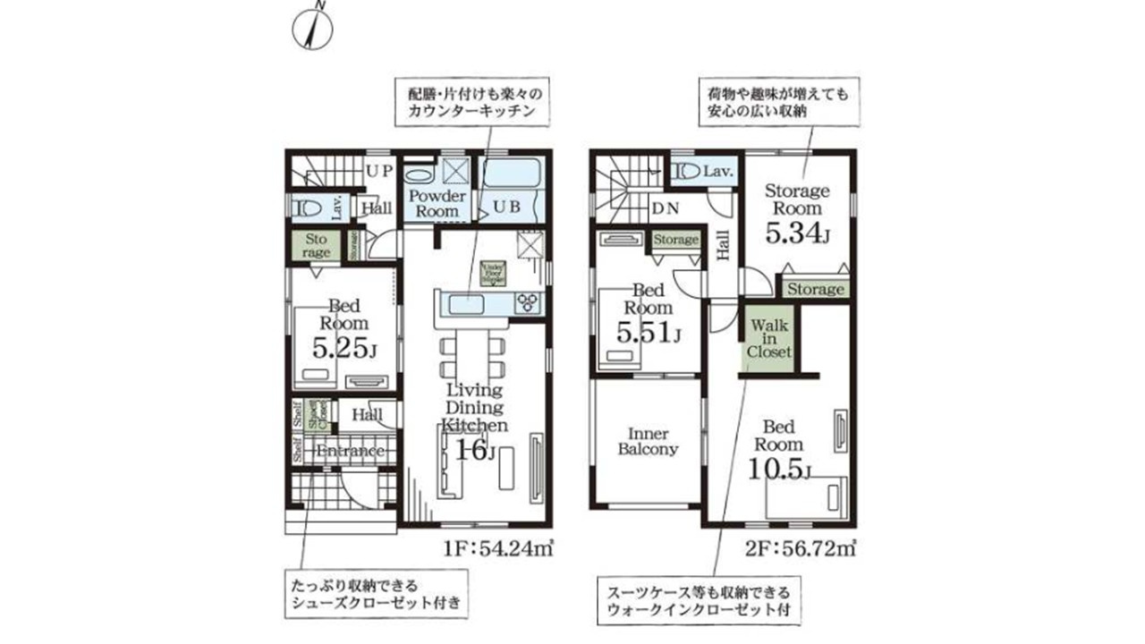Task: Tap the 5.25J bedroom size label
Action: click(343, 347)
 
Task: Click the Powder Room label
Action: click(437, 203)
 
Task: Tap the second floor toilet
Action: click(685, 171)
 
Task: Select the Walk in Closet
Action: click(769, 337)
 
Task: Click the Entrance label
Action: click(350, 451)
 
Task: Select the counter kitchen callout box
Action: click(471, 101)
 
